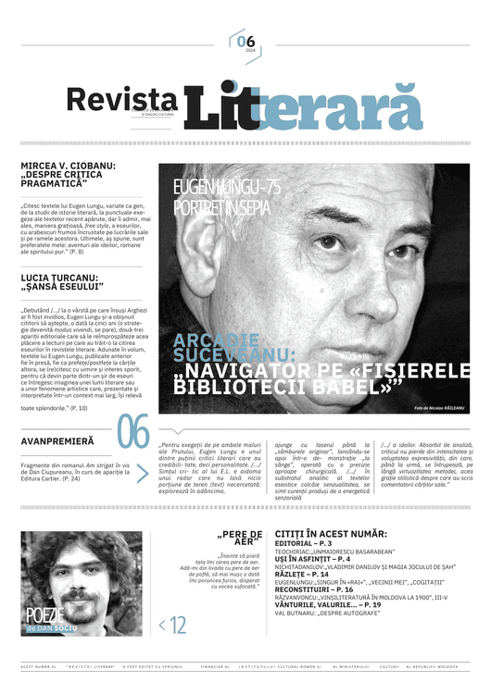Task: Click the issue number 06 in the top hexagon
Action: (245, 40)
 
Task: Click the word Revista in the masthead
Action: (121, 99)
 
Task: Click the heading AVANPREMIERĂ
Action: (57, 441)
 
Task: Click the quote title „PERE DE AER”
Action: (240, 539)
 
